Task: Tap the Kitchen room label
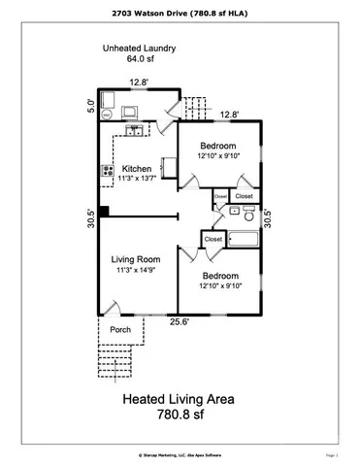tap(136, 168)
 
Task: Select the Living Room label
tap(136, 258)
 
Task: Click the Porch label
tap(120, 329)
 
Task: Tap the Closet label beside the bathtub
tap(213, 238)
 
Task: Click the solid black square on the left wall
tap(101, 213)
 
